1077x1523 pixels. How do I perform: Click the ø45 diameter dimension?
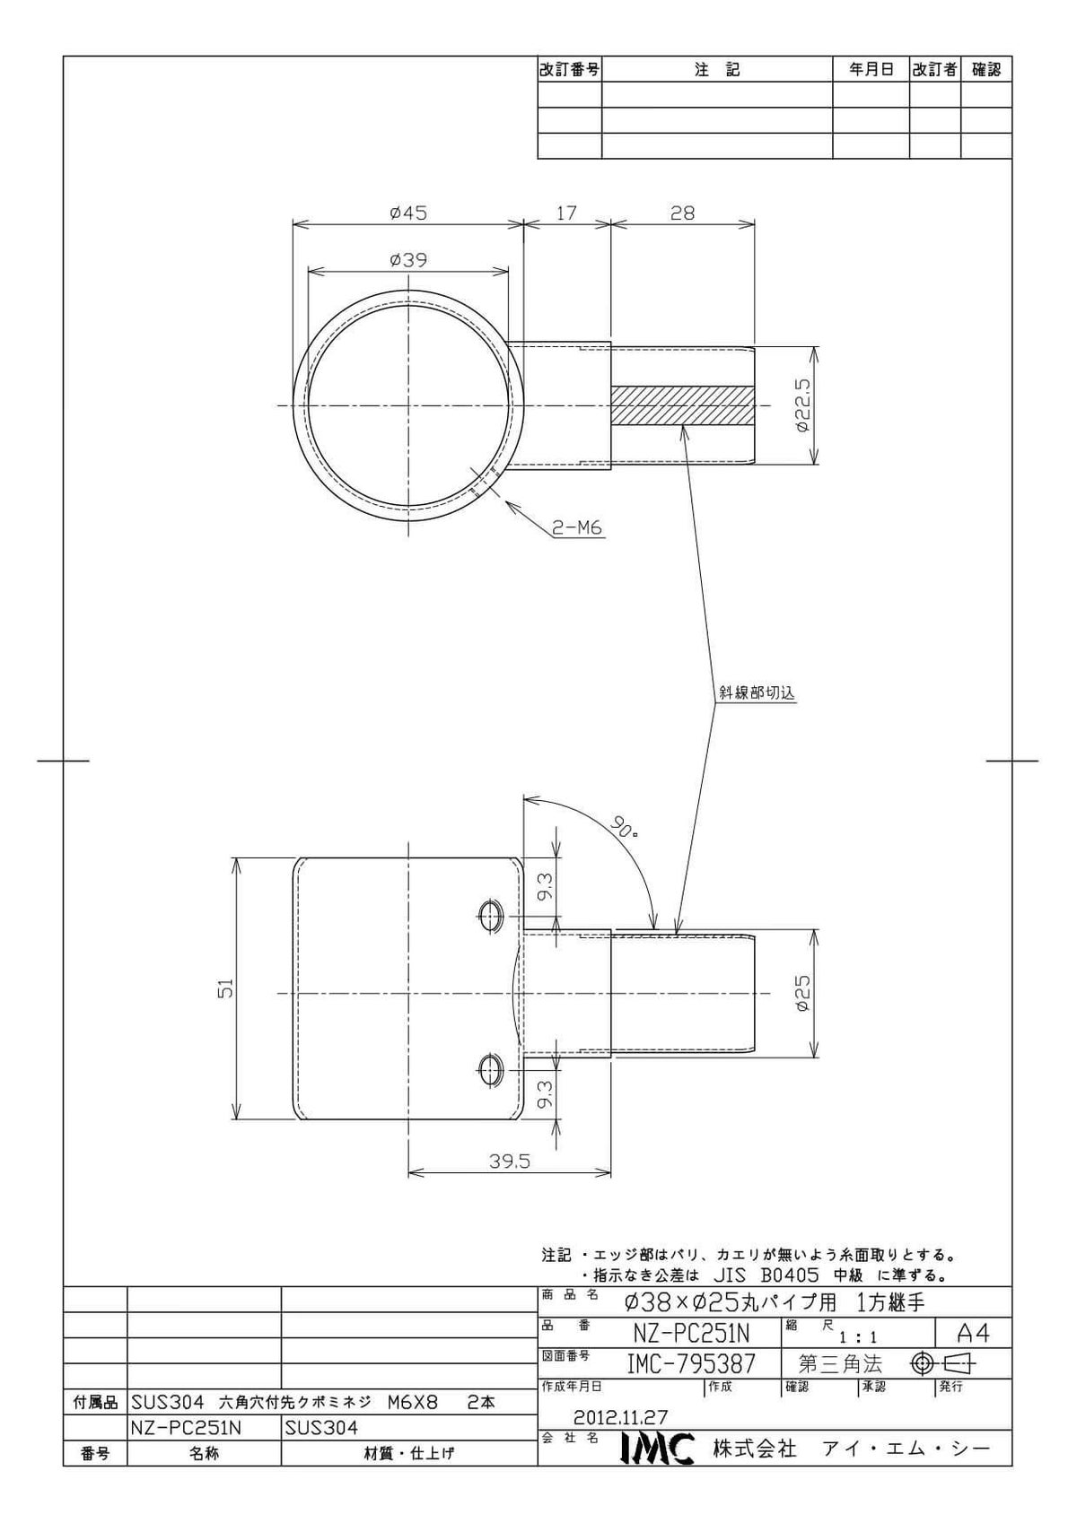pos(408,213)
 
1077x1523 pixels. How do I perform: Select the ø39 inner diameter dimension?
pos(408,260)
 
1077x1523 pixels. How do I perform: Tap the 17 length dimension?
pos(566,213)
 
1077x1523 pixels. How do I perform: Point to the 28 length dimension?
pos(682,213)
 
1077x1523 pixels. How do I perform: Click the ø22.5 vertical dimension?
pos(801,405)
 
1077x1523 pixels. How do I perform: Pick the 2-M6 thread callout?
pos(577,527)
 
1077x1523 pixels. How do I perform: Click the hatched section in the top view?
pos(682,406)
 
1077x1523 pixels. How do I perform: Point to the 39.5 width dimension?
pos(510,1162)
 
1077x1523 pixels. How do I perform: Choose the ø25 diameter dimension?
pos(801,993)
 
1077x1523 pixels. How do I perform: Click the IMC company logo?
pos(657,1450)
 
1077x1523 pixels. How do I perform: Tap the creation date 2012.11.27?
pos(620,1417)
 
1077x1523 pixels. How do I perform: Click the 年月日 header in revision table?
pos(871,69)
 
